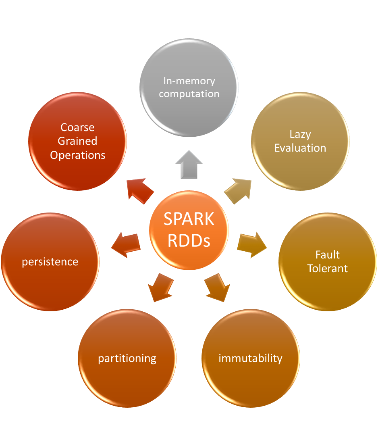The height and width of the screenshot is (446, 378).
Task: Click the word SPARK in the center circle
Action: point(189,219)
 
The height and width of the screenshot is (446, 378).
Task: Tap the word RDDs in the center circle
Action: point(189,240)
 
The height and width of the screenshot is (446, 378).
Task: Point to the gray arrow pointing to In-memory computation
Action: point(189,165)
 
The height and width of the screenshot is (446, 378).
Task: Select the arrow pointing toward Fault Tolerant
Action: point(252,245)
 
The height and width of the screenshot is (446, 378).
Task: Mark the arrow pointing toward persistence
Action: point(126,245)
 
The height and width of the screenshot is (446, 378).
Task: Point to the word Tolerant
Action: point(328,269)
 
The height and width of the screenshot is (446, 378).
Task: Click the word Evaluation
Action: point(300,148)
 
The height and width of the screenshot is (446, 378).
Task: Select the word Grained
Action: point(77,141)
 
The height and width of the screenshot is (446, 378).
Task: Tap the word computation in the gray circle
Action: point(189,94)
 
